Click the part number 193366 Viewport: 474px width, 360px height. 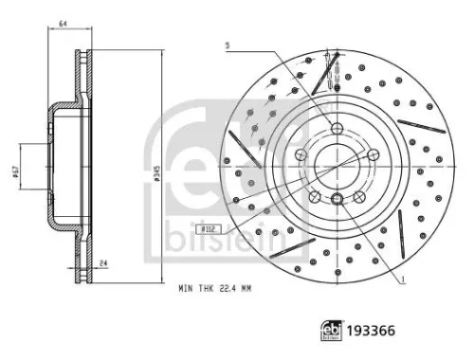(373, 331)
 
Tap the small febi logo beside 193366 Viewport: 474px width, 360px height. (333, 331)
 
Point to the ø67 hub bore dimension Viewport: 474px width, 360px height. (16, 171)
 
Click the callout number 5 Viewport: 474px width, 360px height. (227, 45)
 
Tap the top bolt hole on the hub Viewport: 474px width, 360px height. (337, 128)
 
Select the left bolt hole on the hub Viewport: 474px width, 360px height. (301, 155)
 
